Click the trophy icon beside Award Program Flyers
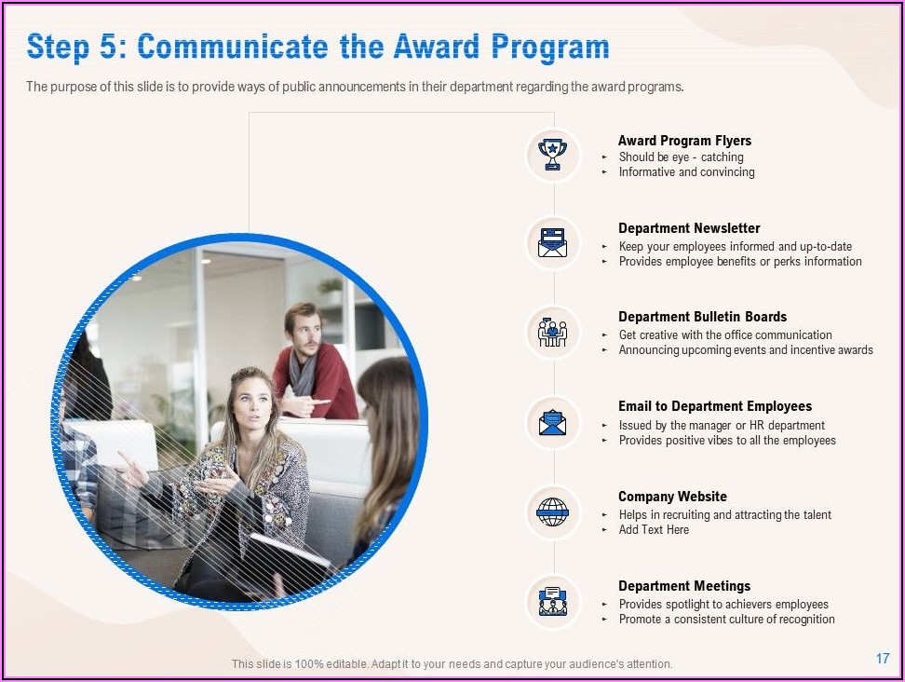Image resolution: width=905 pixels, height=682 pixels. tap(552, 154)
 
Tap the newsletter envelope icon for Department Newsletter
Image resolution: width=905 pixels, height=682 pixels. tap(552, 242)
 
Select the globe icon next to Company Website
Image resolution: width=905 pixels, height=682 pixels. tap(552, 512)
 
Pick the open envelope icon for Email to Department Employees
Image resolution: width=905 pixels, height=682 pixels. tap(552, 423)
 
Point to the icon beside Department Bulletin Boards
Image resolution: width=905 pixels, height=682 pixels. tap(552, 332)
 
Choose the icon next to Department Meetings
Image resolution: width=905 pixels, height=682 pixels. tap(552, 602)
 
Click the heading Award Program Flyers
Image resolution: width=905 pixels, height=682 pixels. tap(684, 141)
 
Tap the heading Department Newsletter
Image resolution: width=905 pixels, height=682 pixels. tap(689, 228)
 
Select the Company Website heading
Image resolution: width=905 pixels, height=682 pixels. tap(672, 497)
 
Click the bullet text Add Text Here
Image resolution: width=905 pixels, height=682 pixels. tap(654, 529)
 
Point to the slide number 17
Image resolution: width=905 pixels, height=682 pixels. tap(883, 659)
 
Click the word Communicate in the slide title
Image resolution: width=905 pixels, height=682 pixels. tap(233, 47)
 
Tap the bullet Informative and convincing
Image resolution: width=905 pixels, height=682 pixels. tap(686, 172)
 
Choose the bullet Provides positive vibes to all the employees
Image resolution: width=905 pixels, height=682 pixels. tap(727, 441)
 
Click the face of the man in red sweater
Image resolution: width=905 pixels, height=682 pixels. tap(304, 331)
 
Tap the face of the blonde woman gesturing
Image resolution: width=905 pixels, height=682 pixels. tap(252, 401)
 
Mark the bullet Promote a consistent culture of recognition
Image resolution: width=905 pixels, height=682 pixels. tap(726, 619)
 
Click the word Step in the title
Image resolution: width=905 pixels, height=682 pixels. tap(58, 48)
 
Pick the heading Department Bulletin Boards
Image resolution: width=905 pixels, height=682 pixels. tap(702, 317)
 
